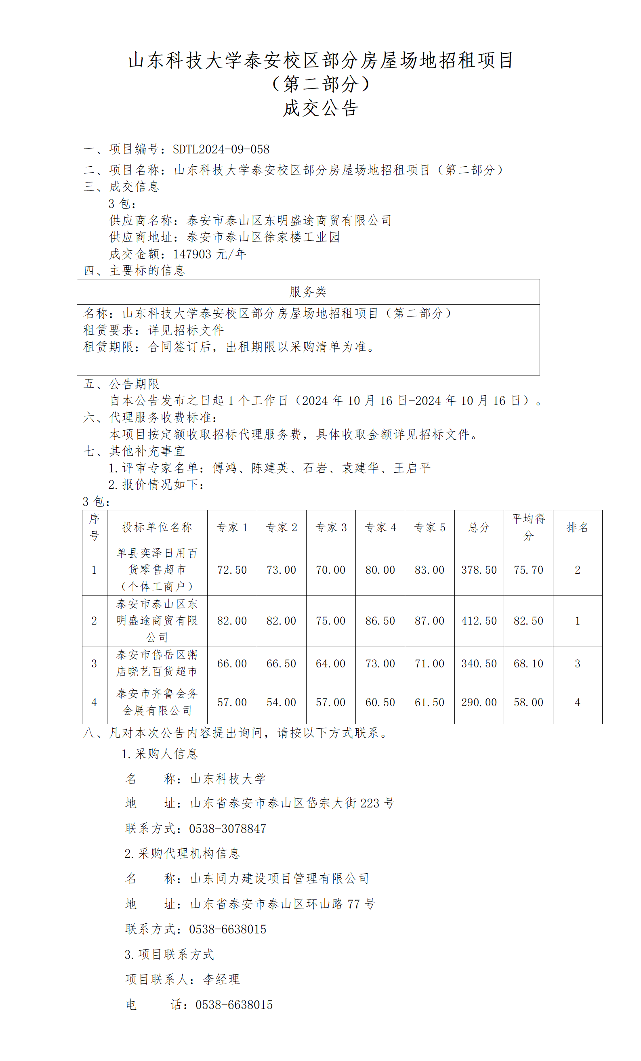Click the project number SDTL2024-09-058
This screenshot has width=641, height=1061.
pyautogui.click(x=221, y=149)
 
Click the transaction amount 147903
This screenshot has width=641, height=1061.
pyautogui.click(x=192, y=254)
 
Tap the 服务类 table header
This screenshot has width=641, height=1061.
pyautogui.click(x=308, y=292)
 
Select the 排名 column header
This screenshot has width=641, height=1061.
pyautogui.click(x=577, y=527)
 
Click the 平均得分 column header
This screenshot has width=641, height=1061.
pyautogui.click(x=528, y=527)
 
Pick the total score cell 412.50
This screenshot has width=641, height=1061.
pyautogui.click(x=479, y=621)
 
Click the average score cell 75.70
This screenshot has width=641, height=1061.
pyautogui.click(x=528, y=570)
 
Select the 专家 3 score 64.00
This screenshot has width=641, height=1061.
pyautogui.click(x=330, y=663)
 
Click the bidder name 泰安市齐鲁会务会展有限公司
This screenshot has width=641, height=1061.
pyautogui.click(x=157, y=702)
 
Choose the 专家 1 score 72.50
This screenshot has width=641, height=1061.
pyautogui.click(x=232, y=570)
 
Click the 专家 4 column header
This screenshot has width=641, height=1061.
pyautogui.click(x=380, y=527)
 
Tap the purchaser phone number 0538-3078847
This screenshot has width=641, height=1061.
pyautogui.click(x=227, y=828)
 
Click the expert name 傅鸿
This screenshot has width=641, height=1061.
pyautogui.click(x=225, y=468)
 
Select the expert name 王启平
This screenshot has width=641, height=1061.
pyautogui.click(x=412, y=468)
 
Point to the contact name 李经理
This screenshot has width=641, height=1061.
pyautogui.click(x=221, y=979)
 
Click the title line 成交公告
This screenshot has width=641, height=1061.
pyautogui.click(x=321, y=108)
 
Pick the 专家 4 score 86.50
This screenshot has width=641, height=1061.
pyautogui.click(x=380, y=621)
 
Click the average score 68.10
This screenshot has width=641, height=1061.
pyautogui.click(x=528, y=663)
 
